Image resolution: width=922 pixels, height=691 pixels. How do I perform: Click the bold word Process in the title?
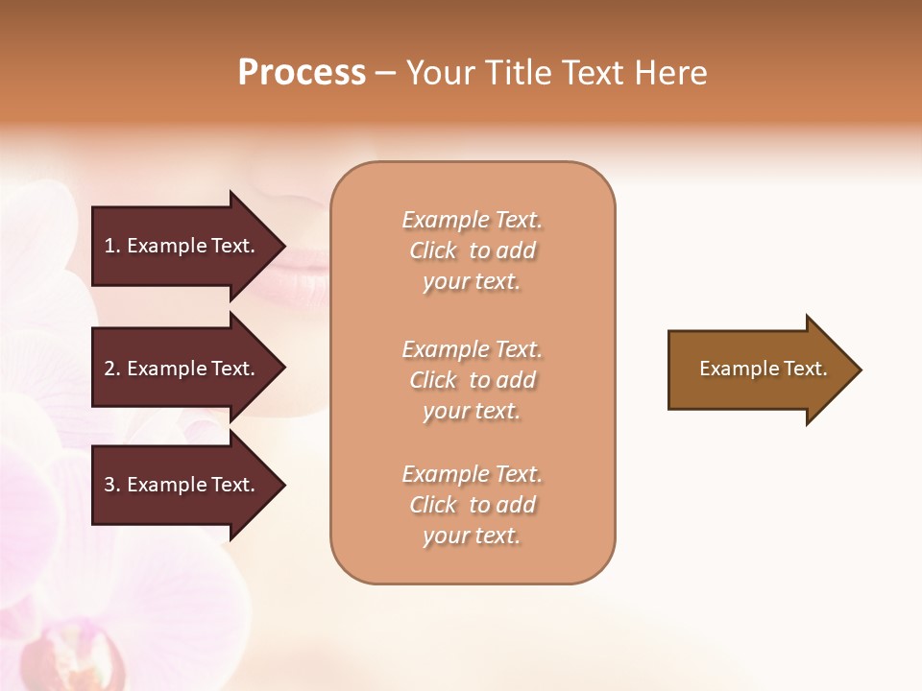tap(302, 73)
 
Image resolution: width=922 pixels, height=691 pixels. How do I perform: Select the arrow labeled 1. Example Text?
tap(182, 246)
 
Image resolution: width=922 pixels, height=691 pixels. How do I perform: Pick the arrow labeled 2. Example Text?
tap(182, 369)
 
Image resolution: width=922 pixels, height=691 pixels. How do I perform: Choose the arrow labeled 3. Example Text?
tap(182, 485)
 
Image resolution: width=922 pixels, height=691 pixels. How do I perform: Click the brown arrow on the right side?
tap(759, 369)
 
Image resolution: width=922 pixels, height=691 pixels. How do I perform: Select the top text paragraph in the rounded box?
tap(473, 250)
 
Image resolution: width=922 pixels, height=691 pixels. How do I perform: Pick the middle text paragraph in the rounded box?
tap(473, 380)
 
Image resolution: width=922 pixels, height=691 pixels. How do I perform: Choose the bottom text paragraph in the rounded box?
tap(473, 505)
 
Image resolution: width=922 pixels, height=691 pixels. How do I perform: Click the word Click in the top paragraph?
tap(432, 250)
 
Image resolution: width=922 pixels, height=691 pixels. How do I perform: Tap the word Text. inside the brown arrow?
tap(795, 369)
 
